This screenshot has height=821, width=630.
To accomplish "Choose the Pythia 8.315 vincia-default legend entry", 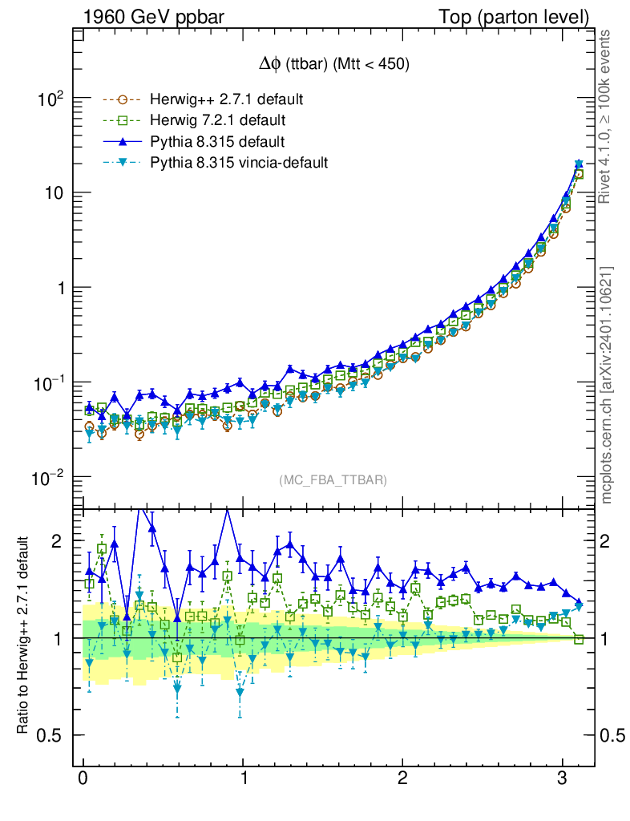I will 239,163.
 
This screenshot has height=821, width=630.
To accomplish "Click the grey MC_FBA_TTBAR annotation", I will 333,480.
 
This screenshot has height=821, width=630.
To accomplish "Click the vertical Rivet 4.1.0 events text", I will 607,116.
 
